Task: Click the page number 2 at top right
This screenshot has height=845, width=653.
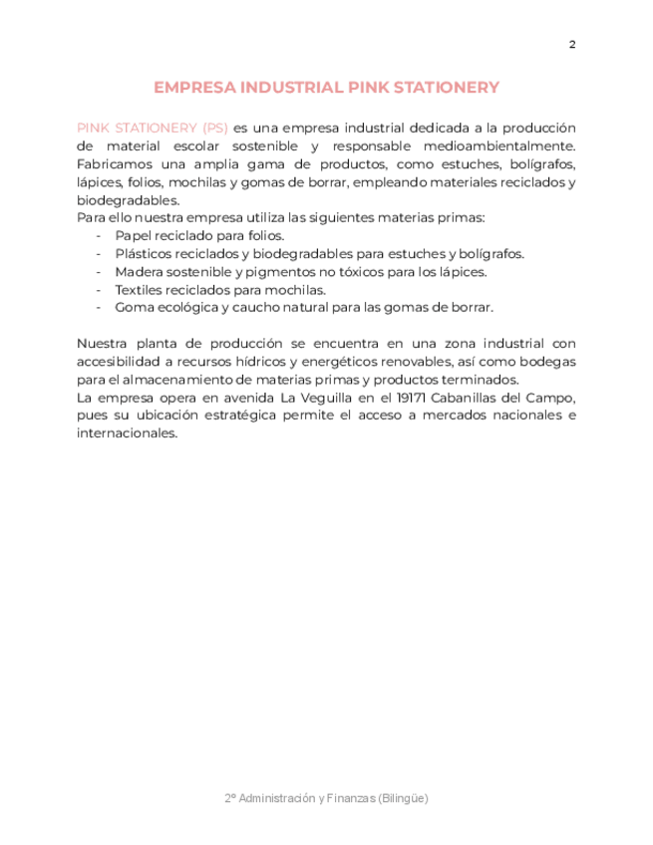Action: pos(572,44)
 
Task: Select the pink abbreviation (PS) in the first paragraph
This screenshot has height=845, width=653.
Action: pos(214,128)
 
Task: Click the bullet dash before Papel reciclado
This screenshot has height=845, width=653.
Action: pos(99,236)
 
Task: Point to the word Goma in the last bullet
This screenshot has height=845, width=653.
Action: pos(133,308)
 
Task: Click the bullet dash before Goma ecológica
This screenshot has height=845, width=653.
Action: pos(99,308)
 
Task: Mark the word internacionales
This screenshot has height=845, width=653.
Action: pos(127,433)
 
